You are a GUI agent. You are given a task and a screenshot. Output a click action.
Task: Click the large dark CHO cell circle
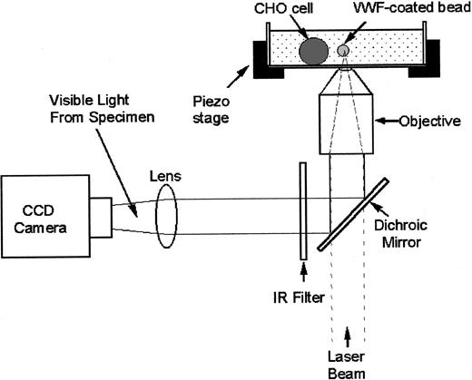point(314,50)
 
